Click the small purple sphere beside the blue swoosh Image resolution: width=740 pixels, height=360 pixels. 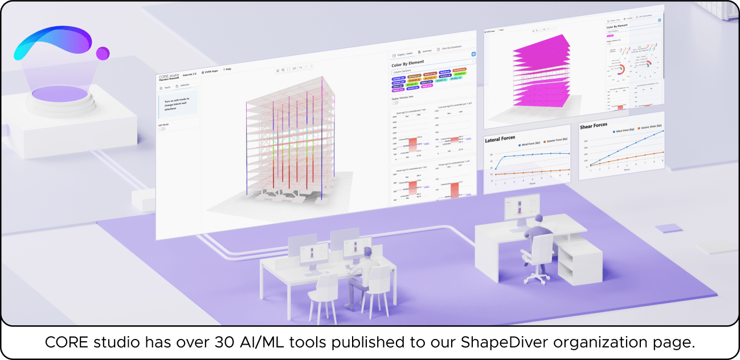[103, 54]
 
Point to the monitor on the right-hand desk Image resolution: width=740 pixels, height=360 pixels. [522, 207]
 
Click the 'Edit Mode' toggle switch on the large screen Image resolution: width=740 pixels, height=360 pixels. [162, 129]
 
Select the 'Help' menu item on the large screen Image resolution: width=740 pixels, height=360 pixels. [227, 69]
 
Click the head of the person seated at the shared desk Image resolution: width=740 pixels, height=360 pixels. [368, 252]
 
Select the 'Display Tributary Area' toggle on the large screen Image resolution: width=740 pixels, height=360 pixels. [395, 103]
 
